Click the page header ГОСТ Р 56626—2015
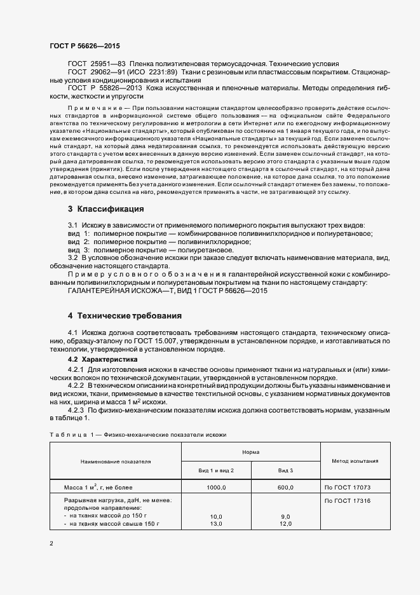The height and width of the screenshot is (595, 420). click(x=85, y=46)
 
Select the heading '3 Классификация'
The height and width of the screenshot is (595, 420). click(x=105, y=209)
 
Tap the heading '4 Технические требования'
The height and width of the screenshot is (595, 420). click(x=125, y=315)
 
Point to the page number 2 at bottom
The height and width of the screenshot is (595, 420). click(x=51, y=544)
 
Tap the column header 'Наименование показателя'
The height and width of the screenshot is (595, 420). click(x=116, y=461)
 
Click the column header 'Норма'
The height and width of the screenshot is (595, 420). click(x=250, y=451)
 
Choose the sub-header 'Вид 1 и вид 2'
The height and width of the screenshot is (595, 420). click(x=216, y=470)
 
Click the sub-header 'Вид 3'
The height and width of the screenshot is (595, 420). click(x=285, y=470)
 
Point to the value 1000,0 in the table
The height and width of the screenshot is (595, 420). click(x=217, y=487)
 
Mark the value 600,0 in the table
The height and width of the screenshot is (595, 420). click(x=285, y=487)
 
